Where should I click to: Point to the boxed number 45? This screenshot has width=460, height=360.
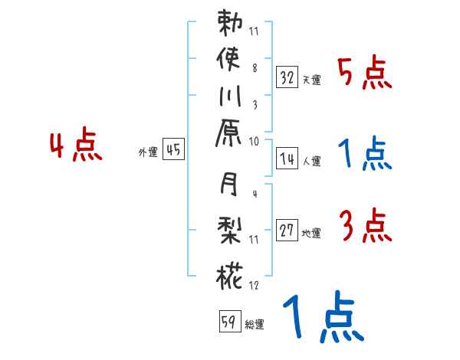click(x=173, y=149)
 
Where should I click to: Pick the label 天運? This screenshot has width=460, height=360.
click(x=311, y=80)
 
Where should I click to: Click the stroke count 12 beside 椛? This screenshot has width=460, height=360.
click(x=254, y=286)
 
